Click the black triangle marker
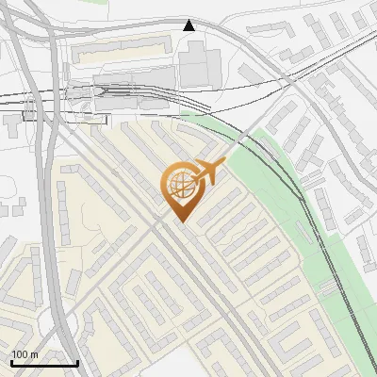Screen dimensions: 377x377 coord(189,25)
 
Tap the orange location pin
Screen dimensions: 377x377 coord(181,189)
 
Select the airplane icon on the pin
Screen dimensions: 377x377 coord(207,172)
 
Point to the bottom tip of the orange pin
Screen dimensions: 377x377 coord(181,222)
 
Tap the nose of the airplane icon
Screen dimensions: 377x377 coord(223,163)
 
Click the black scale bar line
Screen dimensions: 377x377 coord(44,363)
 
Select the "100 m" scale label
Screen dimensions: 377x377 coord(25,354)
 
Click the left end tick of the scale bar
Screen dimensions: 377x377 coord(11,361)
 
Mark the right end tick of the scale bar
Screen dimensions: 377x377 coord(77,361)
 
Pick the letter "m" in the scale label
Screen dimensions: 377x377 coord(34,354)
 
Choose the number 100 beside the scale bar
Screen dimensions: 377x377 coord(21,354)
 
